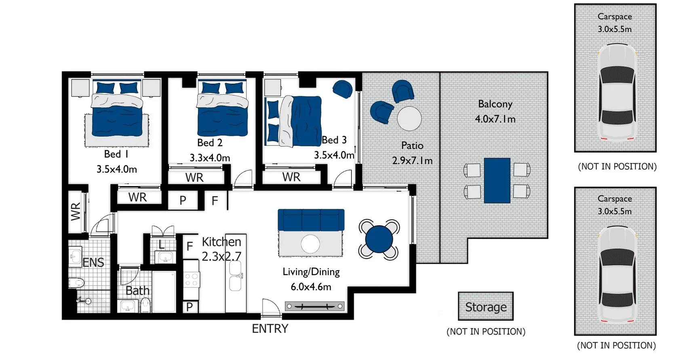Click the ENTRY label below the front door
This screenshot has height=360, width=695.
270,328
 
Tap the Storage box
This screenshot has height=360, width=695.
486,307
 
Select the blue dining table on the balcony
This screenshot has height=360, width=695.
497,180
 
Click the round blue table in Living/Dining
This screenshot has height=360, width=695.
379,239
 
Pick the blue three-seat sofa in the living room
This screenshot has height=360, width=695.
311,219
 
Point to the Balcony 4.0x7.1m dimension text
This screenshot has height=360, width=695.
495,119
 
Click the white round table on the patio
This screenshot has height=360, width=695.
409,118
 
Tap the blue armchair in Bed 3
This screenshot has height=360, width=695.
343,89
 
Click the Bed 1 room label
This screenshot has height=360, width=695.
116,154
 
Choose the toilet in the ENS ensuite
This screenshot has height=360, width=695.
76,282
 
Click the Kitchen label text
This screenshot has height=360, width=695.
221,242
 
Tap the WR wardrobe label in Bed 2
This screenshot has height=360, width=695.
194,177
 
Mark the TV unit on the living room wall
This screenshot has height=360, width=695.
314,306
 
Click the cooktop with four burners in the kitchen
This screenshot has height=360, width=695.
191,280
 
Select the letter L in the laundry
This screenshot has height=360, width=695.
162,244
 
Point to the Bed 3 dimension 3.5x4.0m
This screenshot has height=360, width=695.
334,155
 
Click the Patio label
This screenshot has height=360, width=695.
412,145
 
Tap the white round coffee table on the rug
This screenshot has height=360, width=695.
310,244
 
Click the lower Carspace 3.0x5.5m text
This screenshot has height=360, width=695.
615,211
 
